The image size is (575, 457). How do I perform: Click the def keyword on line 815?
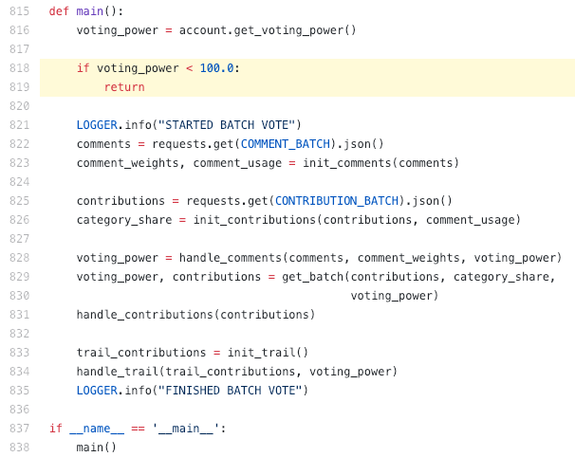pyautogui.click(x=59, y=11)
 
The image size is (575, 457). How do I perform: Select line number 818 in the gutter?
pyautogui.click(x=19, y=68)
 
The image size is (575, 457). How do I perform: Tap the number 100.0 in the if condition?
pyautogui.click(x=216, y=68)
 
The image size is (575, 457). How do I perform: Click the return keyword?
pyautogui.click(x=124, y=87)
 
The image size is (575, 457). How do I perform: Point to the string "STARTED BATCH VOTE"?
pyautogui.click(x=227, y=125)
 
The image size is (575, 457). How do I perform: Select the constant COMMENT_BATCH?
pyautogui.click(x=286, y=144)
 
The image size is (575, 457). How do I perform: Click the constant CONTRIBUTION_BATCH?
pyautogui.click(x=337, y=201)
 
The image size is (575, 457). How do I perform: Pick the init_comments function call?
pyautogui.click(x=347, y=163)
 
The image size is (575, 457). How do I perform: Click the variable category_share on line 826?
pyautogui.click(x=124, y=220)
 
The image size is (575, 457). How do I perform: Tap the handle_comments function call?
pyautogui.click(x=231, y=258)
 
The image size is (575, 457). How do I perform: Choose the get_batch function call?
pyautogui.click(x=313, y=277)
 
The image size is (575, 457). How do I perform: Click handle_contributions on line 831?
pyautogui.click(x=145, y=315)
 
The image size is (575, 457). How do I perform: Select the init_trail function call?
pyautogui.click(x=261, y=353)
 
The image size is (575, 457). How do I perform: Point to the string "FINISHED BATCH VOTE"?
pyautogui.click(x=230, y=391)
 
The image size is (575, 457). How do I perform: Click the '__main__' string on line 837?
pyautogui.click(x=186, y=429)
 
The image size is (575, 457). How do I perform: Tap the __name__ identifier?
pyautogui.click(x=97, y=429)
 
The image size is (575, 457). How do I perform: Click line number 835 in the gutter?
pyautogui.click(x=19, y=391)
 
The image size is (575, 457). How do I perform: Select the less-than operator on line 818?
pyautogui.click(x=189, y=68)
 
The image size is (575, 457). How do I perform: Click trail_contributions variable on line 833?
pyautogui.click(x=141, y=353)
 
